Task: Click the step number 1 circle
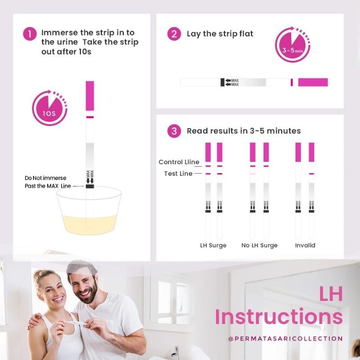click(30, 34)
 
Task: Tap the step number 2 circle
click(174, 34)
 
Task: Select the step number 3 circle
click(174, 131)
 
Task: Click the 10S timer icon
click(49, 108)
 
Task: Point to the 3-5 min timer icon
click(292, 44)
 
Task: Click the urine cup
click(89, 211)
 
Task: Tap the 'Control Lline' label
click(179, 162)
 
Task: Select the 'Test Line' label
click(178, 174)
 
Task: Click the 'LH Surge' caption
click(213, 245)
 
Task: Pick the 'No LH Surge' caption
click(260, 245)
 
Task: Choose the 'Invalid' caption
click(305, 245)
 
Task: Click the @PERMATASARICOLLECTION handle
click(285, 339)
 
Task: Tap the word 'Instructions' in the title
click(279, 317)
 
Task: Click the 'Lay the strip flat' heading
click(220, 34)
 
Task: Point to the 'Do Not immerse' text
click(45, 178)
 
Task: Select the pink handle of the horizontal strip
click(313, 82)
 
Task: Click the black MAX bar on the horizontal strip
click(222, 82)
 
